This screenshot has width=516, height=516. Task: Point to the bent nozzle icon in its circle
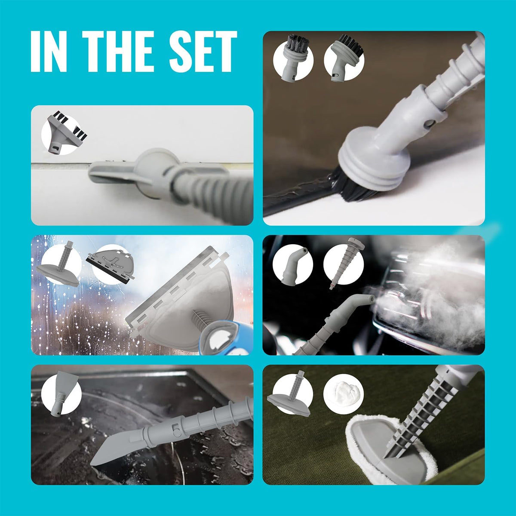[x=293, y=264]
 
